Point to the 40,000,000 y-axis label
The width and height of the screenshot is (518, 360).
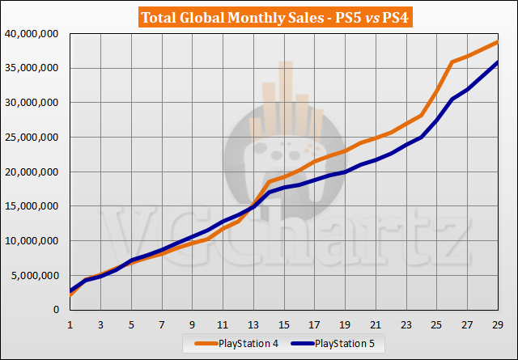click(31, 34)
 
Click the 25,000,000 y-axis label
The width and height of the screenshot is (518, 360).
click(31, 138)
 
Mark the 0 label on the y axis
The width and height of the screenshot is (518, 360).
click(56, 310)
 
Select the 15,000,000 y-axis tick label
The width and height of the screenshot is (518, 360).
click(31, 206)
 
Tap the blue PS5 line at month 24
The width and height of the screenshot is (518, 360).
click(421, 138)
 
